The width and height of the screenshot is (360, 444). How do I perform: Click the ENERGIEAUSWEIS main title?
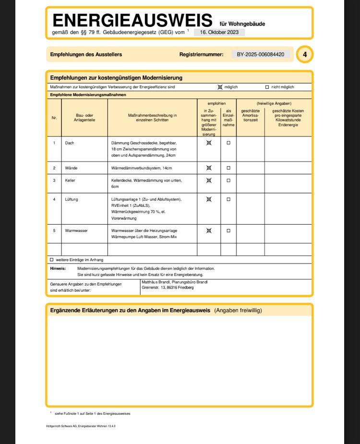pyautogui.click(x=132, y=21)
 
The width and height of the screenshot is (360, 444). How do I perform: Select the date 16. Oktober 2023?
pyautogui.click(x=219, y=32)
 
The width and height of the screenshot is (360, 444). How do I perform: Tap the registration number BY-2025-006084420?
pyautogui.click(x=261, y=55)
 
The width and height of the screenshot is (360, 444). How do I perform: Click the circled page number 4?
pyautogui.click(x=304, y=55)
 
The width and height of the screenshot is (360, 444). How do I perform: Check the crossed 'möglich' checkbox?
pyautogui.click(x=220, y=87)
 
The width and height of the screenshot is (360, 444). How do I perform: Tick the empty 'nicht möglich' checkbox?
pyautogui.click(x=267, y=87)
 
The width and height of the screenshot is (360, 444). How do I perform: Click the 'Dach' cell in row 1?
pyautogui.click(x=70, y=143)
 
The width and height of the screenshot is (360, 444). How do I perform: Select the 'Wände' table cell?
pyautogui.click(x=71, y=168)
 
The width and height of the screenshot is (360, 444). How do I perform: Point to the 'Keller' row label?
pyautogui.click(x=70, y=180)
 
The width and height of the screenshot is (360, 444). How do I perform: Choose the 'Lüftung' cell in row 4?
pyautogui.click(x=72, y=199)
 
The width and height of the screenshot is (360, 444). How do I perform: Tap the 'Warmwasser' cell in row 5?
pyautogui.click(x=76, y=230)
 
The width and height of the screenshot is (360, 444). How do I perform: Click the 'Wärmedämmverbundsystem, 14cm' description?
pyautogui.click(x=141, y=168)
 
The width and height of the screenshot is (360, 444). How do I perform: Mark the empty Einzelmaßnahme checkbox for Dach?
pyautogui.click(x=228, y=143)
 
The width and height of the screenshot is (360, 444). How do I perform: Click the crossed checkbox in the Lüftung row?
pyautogui.click(x=209, y=199)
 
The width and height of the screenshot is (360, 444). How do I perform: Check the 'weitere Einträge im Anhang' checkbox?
pyautogui.click(x=52, y=260)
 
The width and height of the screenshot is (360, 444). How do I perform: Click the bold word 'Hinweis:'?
pyautogui.click(x=58, y=268)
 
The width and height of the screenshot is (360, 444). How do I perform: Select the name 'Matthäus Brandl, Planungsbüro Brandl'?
pyautogui.click(x=174, y=282)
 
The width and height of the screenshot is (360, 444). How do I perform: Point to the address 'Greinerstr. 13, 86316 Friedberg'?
pyautogui.click(x=168, y=288)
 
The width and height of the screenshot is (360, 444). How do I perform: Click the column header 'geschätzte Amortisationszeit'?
pyautogui.click(x=250, y=115)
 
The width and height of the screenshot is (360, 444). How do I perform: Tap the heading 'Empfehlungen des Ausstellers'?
pyautogui.click(x=86, y=55)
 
